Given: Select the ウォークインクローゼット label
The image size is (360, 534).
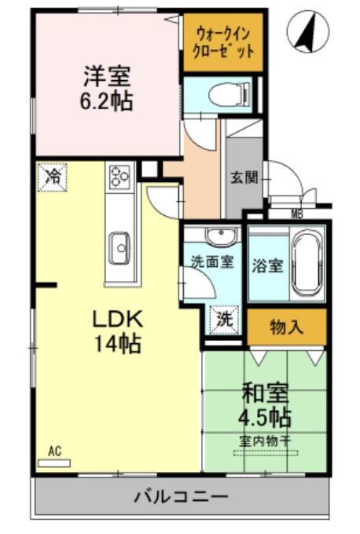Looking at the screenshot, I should coord(223,43).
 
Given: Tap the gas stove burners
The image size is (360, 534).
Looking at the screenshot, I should coord(120,177).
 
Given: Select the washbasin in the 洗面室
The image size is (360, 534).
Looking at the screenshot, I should coord(220,235).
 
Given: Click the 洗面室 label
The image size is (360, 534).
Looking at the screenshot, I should coord(211,262).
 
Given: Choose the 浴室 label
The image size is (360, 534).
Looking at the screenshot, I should coord(268,265).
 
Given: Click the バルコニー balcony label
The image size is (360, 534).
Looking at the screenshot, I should coord(180,497).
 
